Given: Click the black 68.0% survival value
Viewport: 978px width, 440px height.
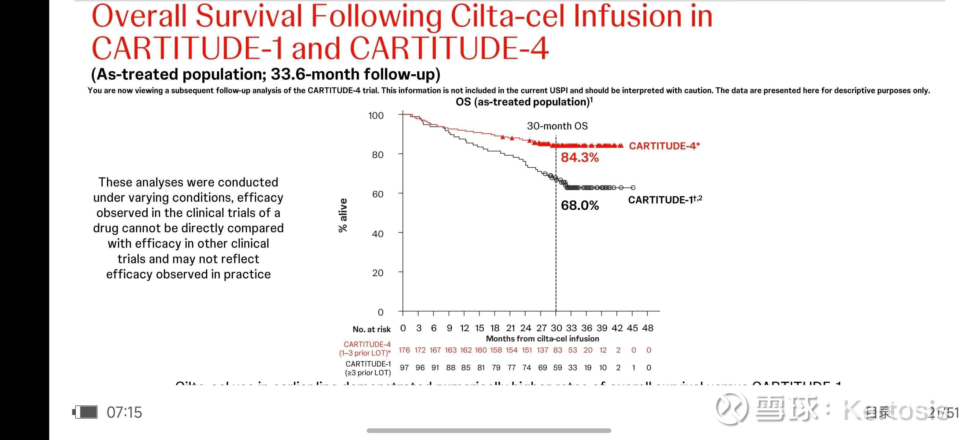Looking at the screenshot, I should click(x=579, y=206).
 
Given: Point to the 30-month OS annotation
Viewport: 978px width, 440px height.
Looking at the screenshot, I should click(x=557, y=126).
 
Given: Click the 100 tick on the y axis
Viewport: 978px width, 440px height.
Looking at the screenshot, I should click(x=376, y=116).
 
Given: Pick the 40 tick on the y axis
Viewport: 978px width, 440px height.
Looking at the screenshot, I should click(x=377, y=234).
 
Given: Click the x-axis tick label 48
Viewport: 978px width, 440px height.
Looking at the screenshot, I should click(x=648, y=328).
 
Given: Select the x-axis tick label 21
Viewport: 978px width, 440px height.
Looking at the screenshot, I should click(x=510, y=328).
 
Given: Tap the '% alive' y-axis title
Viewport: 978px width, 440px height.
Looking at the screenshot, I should click(x=343, y=215).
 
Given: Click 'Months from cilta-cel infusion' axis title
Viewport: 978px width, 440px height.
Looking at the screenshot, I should click(x=542, y=339).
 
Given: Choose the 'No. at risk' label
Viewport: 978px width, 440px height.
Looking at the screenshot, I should click(x=371, y=329).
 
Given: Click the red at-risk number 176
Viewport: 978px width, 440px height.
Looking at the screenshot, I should click(x=404, y=350).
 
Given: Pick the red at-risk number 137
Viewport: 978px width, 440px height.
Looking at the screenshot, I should click(x=542, y=350).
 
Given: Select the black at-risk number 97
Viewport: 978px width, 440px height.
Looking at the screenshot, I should click(x=404, y=368).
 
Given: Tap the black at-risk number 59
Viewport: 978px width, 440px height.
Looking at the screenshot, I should click(x=557, y=368).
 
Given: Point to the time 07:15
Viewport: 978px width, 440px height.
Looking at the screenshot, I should click(x=124, y=412).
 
